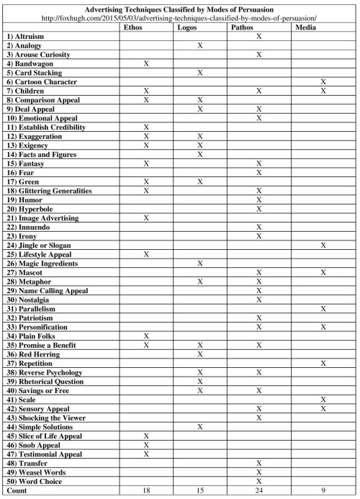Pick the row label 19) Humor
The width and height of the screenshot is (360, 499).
click(22, 199)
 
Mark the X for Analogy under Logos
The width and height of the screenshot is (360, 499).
click(200, 45)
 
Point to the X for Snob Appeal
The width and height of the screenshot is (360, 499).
click(146, 445)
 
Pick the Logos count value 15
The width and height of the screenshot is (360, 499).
click(200, 490)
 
